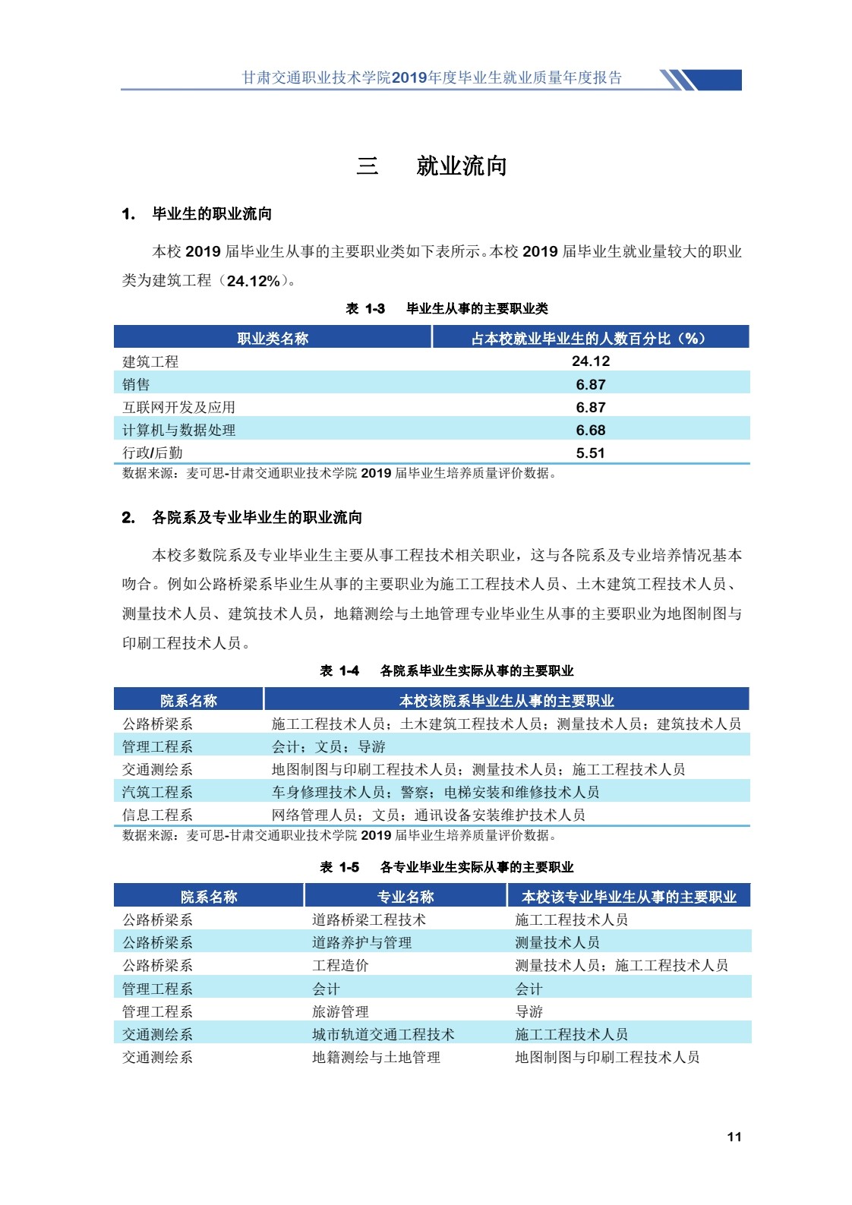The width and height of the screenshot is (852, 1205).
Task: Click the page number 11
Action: point(734,1136)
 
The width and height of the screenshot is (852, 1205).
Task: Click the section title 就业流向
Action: point(461,166)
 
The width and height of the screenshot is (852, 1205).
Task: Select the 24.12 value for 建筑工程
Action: point(590,361)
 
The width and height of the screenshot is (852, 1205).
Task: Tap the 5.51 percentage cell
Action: point(590,453)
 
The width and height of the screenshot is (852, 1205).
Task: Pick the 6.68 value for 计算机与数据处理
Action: point(590,431)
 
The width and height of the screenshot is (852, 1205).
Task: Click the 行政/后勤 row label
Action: point(153,453)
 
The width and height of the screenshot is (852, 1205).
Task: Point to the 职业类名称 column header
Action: point(273,339)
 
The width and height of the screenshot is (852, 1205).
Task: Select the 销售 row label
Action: point(137,385)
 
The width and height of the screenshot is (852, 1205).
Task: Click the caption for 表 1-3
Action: point(447,308)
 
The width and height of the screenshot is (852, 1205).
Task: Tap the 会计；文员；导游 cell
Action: point(329,746)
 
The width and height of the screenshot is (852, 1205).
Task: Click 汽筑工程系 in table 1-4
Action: point(158,792)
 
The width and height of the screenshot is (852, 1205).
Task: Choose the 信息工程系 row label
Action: point(158,815)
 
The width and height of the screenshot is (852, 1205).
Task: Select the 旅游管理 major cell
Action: point(340,1011)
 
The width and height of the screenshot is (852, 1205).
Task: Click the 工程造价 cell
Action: point(340,965)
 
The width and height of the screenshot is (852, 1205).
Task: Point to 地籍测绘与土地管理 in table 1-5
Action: point(376,1057)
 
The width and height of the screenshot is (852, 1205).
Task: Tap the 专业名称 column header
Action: point(405,897)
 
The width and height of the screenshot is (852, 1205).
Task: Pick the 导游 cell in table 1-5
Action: point(529,1011)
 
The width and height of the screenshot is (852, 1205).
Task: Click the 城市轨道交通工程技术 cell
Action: point(383,1034)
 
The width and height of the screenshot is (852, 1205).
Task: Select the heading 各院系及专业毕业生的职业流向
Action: point(257,518)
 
